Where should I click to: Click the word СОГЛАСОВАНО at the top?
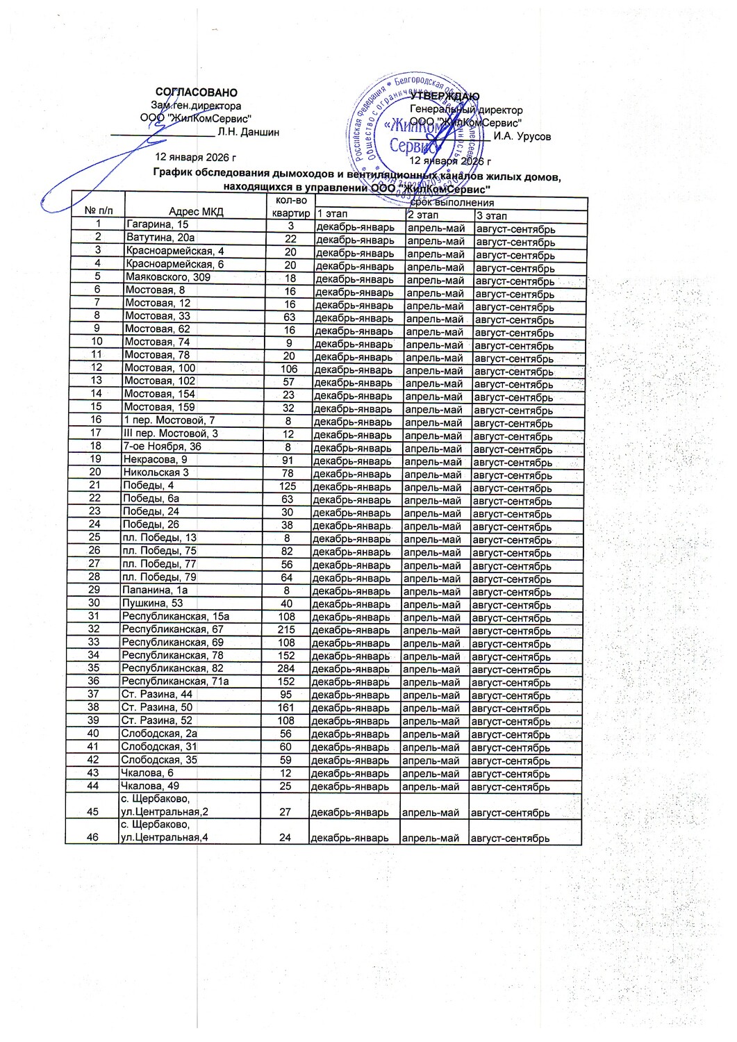point(197,92)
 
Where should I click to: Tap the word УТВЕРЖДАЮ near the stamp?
point(445,96)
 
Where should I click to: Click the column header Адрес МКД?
point(196,212)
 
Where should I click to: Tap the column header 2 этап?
point(423,215)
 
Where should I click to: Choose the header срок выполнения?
point(452,203)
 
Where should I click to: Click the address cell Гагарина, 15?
point(157,224)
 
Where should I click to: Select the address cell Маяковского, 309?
point(167,276)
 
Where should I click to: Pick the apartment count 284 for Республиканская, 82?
point(286,668)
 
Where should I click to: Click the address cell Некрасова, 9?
point(155,459)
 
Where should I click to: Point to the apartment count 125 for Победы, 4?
point(287,486)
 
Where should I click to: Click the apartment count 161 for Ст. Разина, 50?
point(286,708)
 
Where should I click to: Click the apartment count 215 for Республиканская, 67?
point(286,629)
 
